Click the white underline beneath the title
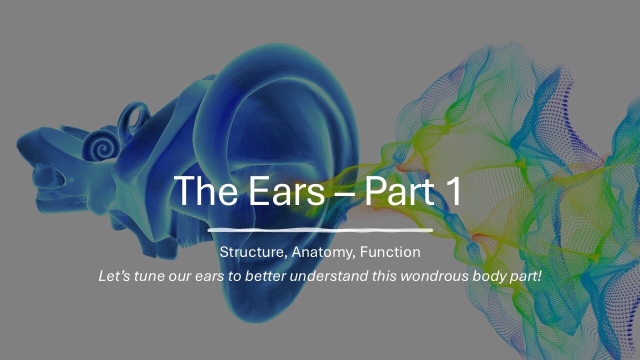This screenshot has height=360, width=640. coord(320,230)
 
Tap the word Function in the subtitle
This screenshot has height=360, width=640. coord(390,252)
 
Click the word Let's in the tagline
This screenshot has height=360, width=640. coord(113,276)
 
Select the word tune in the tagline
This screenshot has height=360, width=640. coord(146,276)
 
